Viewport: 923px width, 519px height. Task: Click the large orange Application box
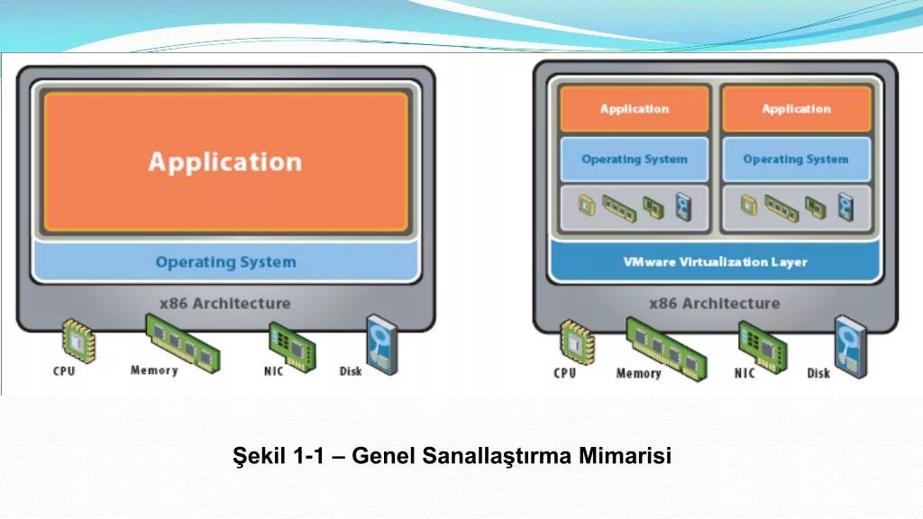(225, 162)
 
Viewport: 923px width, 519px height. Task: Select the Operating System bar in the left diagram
(225, 262)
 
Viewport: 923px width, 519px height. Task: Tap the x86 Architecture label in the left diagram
(225, 303)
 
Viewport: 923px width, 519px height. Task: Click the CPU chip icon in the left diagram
(78, 340)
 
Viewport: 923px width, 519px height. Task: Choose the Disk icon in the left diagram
(380, 344)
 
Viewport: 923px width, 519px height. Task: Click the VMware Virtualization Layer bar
(716, 262)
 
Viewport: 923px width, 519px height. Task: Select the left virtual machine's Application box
(635, 109)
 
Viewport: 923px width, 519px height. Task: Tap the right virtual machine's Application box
(796, 109)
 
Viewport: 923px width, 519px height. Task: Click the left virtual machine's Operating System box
(635, 159)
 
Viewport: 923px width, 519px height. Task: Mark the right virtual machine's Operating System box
(796, 159)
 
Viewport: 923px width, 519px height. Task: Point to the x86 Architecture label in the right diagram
(715, 303)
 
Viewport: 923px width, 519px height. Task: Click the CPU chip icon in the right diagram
(576, 341)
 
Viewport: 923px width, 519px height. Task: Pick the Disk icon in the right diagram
(849, 346)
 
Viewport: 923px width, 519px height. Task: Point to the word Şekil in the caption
(260, 456)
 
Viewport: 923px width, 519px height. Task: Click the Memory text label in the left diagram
(154, 370)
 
